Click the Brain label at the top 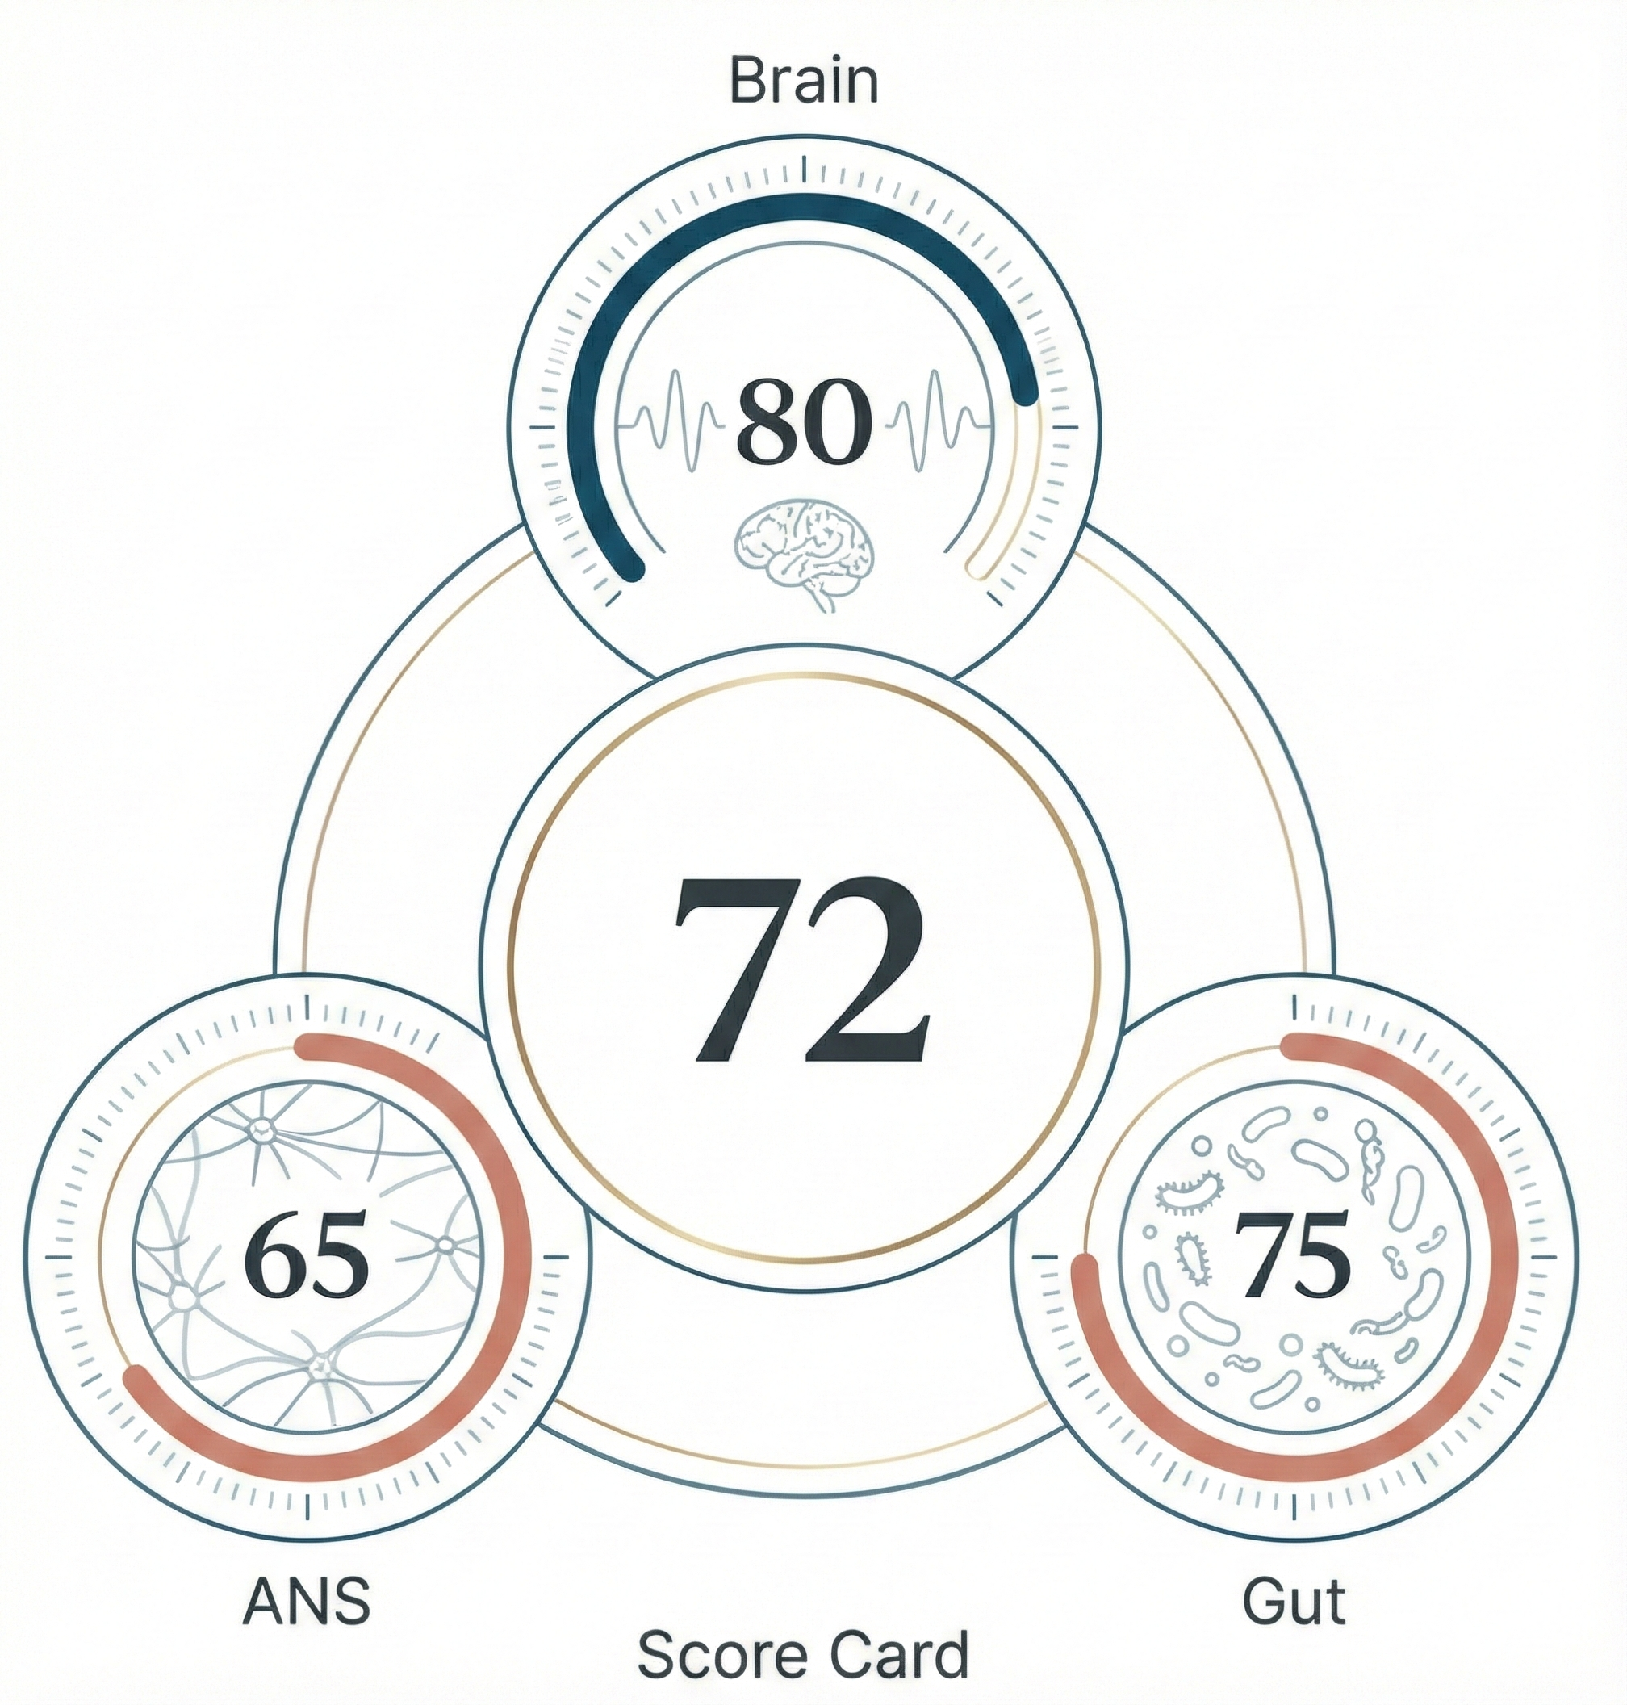coord(804,82)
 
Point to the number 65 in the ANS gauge coord(307,1257)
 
